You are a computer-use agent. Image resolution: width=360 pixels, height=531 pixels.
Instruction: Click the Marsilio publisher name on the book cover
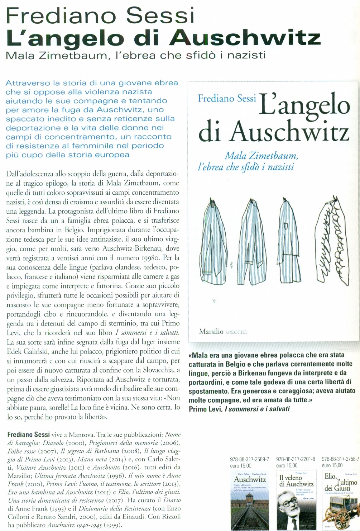coord(211,332)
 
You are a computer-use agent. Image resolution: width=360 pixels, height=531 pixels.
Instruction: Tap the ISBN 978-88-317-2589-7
coord(249,459)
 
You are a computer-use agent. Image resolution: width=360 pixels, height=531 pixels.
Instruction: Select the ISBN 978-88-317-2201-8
coord(296,459)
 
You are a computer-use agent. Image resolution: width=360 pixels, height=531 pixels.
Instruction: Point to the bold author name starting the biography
coord(28,435)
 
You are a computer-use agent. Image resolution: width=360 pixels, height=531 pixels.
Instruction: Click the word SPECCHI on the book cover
coord(236,332)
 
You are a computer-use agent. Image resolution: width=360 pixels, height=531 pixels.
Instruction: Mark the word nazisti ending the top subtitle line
coord(247,56)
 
